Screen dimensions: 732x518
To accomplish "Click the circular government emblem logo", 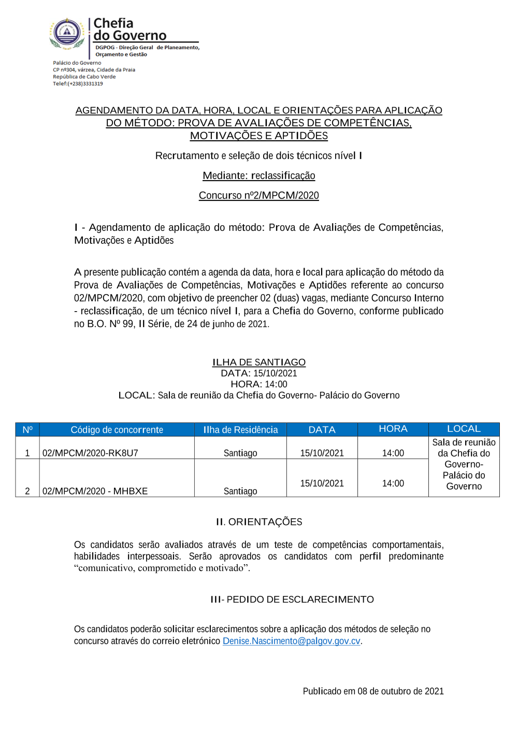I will click(x=67, y=33).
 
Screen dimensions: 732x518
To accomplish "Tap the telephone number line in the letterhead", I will click(x=78, y=84).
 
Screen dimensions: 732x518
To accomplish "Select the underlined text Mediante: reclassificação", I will click(x=258, y=175).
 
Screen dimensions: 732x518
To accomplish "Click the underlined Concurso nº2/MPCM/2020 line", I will click(x=258, y=195).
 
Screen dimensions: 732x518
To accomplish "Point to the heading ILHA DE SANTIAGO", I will click(x=258, y=362).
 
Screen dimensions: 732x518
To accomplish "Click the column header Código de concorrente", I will click(x=117, y=430).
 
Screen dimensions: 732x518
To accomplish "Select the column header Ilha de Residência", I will click(x=240, y=430).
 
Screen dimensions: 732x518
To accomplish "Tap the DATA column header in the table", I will click(x=322, y=430).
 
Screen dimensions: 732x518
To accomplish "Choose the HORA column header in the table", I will click(x=393, y=429).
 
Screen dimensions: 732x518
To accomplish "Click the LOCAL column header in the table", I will click(x=464, y=429).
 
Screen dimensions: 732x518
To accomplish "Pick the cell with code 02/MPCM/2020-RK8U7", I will click(x=90, y=453).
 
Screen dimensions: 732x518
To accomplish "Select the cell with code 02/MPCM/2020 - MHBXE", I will click(x=95, y=491).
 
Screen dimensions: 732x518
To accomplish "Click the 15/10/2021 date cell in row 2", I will click(x=322, y=484).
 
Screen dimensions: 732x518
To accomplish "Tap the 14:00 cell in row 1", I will click(x=393, y=453).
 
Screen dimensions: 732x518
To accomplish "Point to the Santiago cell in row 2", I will click(x=240, y=491).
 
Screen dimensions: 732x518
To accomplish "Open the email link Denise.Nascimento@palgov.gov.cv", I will click(x=291, y=641).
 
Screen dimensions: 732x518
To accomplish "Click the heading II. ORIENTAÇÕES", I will click(x=259, y=522).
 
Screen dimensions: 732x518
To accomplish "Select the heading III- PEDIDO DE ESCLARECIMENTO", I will click(x=292, y=599).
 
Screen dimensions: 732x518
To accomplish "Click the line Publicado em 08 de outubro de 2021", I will click(x=373, y=691).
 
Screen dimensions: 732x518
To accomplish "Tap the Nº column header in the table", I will click(x=27, y=430).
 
